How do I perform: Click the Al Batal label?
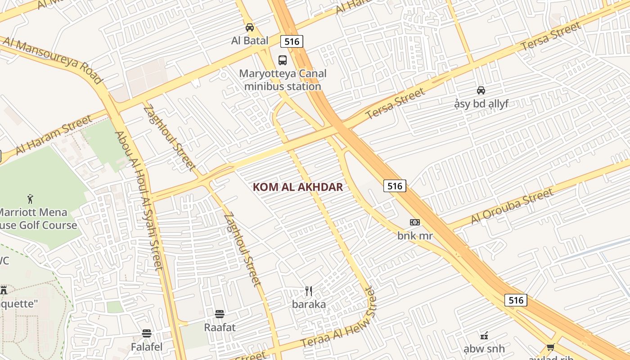pos(250,40)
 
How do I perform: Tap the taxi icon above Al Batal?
pos(250,27)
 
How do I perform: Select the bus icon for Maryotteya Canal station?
pos(283,60)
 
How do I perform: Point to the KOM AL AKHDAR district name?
pos(298,187)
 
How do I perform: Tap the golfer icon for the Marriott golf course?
pos(30,198)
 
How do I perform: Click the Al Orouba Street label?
pos(512,206)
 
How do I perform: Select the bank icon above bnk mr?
pos(414,222)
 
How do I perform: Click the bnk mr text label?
pos(414,235)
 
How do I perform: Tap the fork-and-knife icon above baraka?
pos(309,291)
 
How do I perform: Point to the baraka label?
pos(309,304)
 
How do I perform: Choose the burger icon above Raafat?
pos(220,314)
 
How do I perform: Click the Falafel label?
pos(147,347)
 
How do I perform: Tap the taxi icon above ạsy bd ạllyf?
pos(481,90)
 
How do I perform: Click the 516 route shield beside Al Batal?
pos(292,41)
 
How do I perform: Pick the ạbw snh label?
pos(484,349)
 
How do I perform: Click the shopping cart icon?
pos(550,347)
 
